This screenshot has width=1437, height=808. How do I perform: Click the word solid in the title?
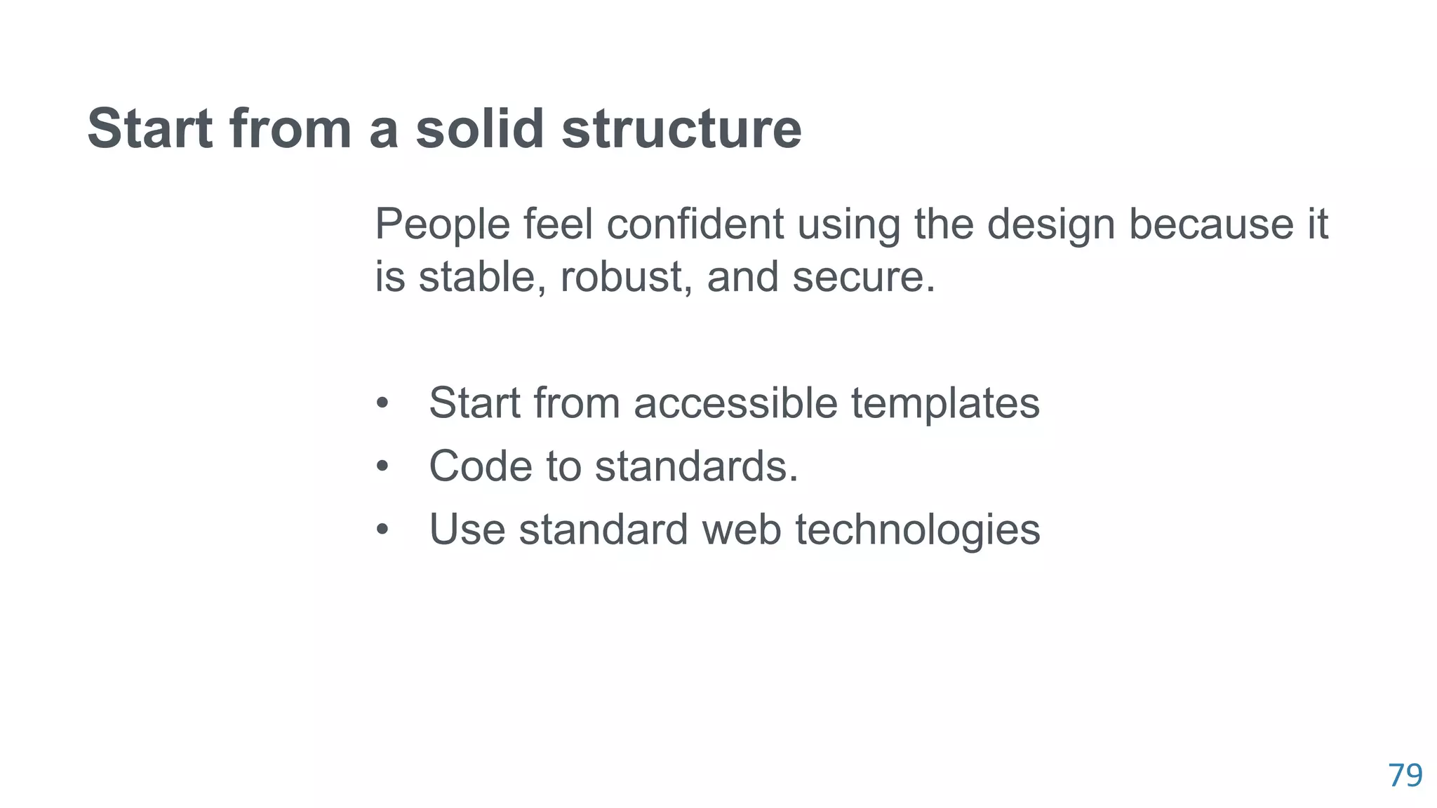(x=479, y=128)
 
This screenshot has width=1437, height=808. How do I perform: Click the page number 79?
(x=1405, y=776)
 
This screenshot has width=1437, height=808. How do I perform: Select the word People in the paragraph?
(x=442, y=224)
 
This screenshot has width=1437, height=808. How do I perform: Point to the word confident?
(x=695, y=224)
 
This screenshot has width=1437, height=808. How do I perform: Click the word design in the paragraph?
(x=1050, y=224)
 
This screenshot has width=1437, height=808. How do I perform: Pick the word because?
(x=1210, y=224)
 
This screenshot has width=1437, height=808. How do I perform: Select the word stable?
(x=482, y=276)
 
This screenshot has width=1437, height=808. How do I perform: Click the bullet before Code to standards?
(x=382, y=466)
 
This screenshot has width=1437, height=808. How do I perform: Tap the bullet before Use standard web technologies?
(x=382, y=529)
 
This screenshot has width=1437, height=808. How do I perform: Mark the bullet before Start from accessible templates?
(x=382, y=403)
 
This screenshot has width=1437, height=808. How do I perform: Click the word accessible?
(x=735, y=403)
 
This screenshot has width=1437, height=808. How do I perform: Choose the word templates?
(x=945, y=404)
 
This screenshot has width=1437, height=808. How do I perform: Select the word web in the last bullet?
(x=741, y=529)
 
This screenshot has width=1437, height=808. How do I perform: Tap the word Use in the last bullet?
(x=467, y=529)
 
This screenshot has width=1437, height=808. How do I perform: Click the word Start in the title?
(x=149, y=128)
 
